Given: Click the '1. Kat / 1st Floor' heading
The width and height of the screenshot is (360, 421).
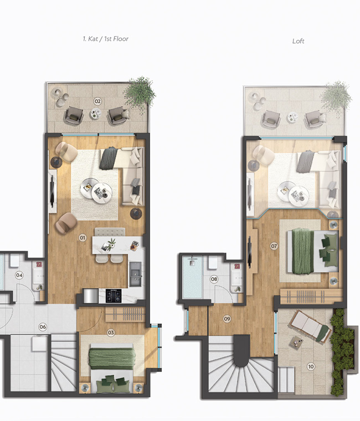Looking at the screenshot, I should (x=105, y=39).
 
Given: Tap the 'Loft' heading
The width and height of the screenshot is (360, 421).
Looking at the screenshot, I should (x=299, y=41).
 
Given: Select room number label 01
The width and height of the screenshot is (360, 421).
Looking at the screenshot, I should (x=83, y=238).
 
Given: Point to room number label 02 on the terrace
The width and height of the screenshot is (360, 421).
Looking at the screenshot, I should (x=97, y=101).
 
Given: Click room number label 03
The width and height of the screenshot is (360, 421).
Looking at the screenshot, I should (x=111, y=332).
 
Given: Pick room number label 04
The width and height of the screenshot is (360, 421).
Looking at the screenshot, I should (x=19, y=275).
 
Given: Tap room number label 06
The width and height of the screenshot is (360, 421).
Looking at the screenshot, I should (x=42, y=326).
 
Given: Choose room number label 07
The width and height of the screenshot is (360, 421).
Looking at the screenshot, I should (x=274, y=246).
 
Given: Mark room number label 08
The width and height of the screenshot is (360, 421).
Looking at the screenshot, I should (x=214, y=279).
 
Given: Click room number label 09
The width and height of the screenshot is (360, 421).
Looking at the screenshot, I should (x=227, y=319).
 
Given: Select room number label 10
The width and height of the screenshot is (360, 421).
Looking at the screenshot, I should (x=311, y=366).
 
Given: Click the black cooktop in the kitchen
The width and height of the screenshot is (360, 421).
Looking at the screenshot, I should (x=114, y=297).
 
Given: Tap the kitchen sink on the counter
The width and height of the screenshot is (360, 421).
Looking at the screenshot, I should (x=135, y=272).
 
